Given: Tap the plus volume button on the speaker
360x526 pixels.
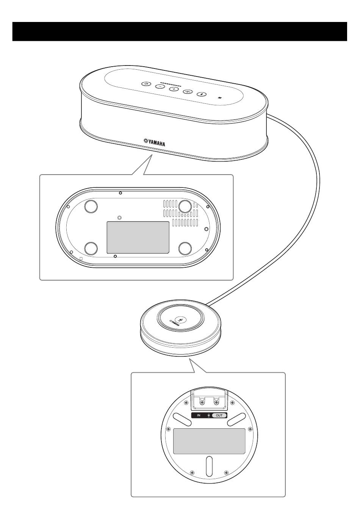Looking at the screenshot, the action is pyautogui.click(x=174, y=89).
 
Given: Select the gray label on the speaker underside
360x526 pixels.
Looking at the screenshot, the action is pyautogui.click(x=138, y=237).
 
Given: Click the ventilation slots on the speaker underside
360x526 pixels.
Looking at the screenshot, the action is pyautogui.click(x=180, y=213).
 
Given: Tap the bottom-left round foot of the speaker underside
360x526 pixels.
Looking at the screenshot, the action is pyautogui.click(x=91, y=249).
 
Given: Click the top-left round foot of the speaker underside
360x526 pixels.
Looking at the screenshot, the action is pyautogui.click(x=91, y=206).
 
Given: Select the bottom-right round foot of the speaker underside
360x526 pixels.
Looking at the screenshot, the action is pyautogui.click(x=185, y=249).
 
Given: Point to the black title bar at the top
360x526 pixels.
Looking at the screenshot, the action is pyautogui.click(x=180, y=31).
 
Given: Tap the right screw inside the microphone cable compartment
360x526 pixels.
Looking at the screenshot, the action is pyautogui.click(x=216, y=402).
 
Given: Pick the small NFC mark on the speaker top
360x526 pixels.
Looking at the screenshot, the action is pyautogui.click(x=220, y=98).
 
